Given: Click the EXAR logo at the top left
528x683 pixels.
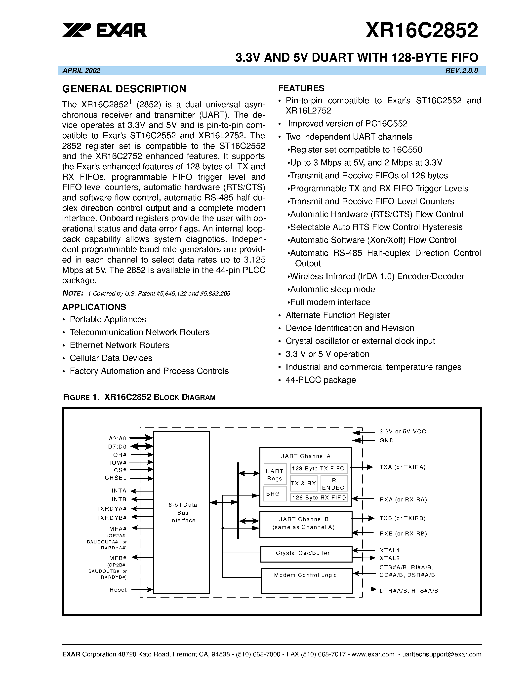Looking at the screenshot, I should [104, 30].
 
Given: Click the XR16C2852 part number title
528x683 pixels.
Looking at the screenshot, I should [422, 30].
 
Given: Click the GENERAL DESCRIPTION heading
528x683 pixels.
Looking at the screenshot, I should [124, 89].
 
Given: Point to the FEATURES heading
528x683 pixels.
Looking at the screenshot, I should [301, 88].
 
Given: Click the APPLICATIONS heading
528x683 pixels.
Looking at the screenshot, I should [94, 307].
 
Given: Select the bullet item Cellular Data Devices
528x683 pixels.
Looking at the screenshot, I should [111, 358].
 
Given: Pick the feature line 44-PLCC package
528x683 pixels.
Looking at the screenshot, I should [321, 380].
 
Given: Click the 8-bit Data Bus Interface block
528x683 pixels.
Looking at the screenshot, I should [181, 512].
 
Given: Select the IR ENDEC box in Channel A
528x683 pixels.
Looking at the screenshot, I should [333, 484].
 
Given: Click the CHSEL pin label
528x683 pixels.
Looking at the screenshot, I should [116, 478].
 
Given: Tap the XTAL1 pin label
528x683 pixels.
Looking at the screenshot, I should [389, 550].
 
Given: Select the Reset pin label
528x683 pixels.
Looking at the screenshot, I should [118, 590].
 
